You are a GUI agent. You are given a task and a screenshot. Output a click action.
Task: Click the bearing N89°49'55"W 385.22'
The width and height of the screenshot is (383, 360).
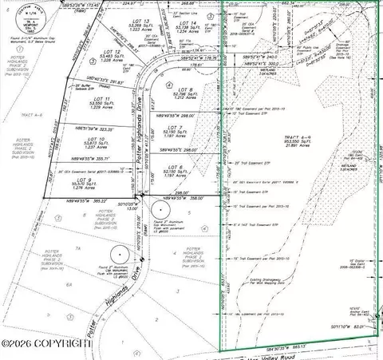pos(81,200)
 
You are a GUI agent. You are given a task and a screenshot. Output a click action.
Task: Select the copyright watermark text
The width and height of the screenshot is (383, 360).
pos(44,343)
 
